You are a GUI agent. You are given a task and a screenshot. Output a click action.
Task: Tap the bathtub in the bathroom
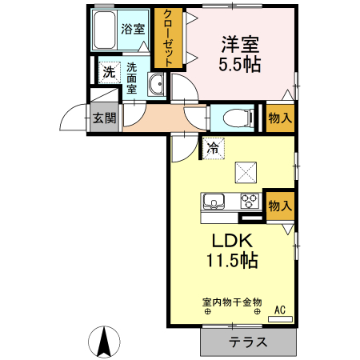(x=104, y=30)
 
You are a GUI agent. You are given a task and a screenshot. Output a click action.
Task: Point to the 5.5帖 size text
(x=239, y=64)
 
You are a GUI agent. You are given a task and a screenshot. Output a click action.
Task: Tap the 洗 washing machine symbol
(x=108, y=70)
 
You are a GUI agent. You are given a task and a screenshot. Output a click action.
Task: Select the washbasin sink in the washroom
(x=157, y=85)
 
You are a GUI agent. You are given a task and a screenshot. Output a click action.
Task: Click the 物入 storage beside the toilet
(x=279, y=118)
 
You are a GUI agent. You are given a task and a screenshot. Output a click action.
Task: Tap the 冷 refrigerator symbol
(x=213, y=147)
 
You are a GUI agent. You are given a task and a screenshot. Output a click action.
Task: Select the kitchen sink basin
(x=214, y=200)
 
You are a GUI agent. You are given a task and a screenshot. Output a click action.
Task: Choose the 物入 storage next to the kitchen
(x=279, y=205)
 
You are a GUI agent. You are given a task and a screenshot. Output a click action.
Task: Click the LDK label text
(x=232, y=240)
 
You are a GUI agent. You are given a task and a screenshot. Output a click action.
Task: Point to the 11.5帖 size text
(x=233, y=261)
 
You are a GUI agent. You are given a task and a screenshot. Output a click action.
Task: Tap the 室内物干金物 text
(x=232, y=302)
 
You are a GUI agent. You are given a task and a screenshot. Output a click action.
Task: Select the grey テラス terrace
(x=248, y=341)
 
